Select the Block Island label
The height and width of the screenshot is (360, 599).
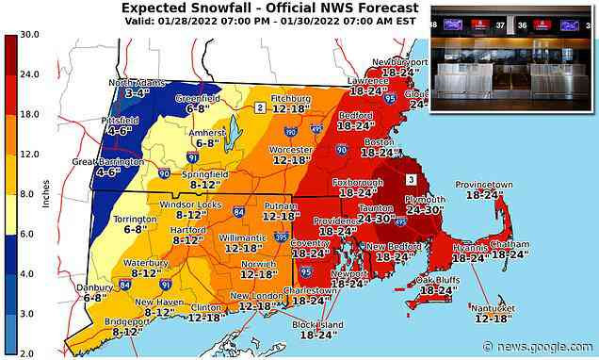click(315, 323)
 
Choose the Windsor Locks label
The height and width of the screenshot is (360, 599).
click(190, 205)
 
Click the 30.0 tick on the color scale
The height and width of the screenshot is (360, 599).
click(27, 35)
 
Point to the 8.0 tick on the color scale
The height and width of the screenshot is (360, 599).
click(27, 192)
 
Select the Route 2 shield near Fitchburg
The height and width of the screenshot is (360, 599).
click(258, 107)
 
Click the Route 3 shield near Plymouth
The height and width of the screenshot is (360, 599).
click(410, 178)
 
